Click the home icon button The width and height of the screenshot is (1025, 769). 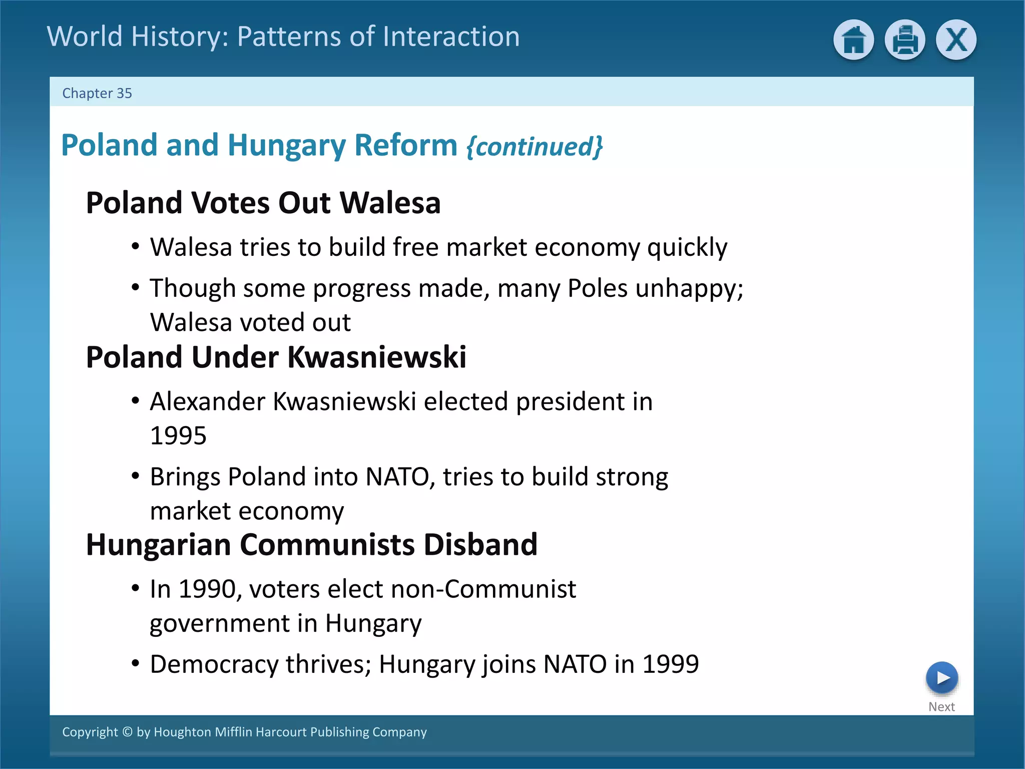[x=853, y=40]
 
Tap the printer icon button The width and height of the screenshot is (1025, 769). [x=904, y=40]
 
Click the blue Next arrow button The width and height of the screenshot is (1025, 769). [x=941, y=678]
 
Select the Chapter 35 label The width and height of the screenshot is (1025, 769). [x=97, y=94]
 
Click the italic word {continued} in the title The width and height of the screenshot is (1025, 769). [x=534, y=147]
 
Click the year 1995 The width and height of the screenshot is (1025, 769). [x=178, y=436]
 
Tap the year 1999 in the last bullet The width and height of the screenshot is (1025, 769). [x=670, y=664]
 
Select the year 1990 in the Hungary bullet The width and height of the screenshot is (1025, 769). [x=207, y=589]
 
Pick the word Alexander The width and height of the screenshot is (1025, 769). [x=208, y=402]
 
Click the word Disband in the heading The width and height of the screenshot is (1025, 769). [x=480, y=545]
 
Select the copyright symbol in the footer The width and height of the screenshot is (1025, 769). [x=127, y=732]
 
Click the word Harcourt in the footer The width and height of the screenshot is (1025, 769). [x=281, y=732]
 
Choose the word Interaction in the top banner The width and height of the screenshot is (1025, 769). [x=451, y=37]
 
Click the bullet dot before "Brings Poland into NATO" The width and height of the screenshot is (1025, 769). [x=135, y=476]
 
